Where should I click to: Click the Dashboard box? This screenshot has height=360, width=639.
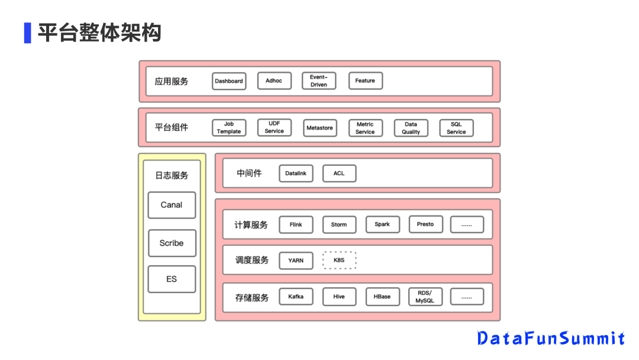point(229,81)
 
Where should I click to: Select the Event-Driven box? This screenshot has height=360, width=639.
point(318,81)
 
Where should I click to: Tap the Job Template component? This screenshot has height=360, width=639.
point(229,128)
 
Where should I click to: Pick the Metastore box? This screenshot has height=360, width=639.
point(319,128)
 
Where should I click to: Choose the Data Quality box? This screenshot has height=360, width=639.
point(411,128)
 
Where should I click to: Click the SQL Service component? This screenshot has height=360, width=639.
point(456,128)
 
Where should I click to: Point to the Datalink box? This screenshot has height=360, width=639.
point(296,173)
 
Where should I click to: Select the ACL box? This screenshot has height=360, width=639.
point(339,173)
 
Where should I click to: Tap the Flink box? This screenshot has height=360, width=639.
point(296,224)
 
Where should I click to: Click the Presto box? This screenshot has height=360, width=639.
point(425,224)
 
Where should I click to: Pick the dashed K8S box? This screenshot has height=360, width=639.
point(339,260)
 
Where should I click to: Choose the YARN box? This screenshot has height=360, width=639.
point(296,261)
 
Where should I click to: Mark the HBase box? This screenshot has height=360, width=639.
point(382,297)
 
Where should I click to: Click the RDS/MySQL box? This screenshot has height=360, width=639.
point(425,297)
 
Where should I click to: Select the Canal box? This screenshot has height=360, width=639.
point(172,205)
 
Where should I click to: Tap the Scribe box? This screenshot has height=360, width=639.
point(172,243)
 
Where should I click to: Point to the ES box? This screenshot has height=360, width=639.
point(172,279)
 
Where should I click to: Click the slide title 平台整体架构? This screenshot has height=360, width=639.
point(99,33)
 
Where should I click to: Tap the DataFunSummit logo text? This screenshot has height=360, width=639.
point(551,338)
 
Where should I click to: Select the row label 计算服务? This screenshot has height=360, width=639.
point(251,225)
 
